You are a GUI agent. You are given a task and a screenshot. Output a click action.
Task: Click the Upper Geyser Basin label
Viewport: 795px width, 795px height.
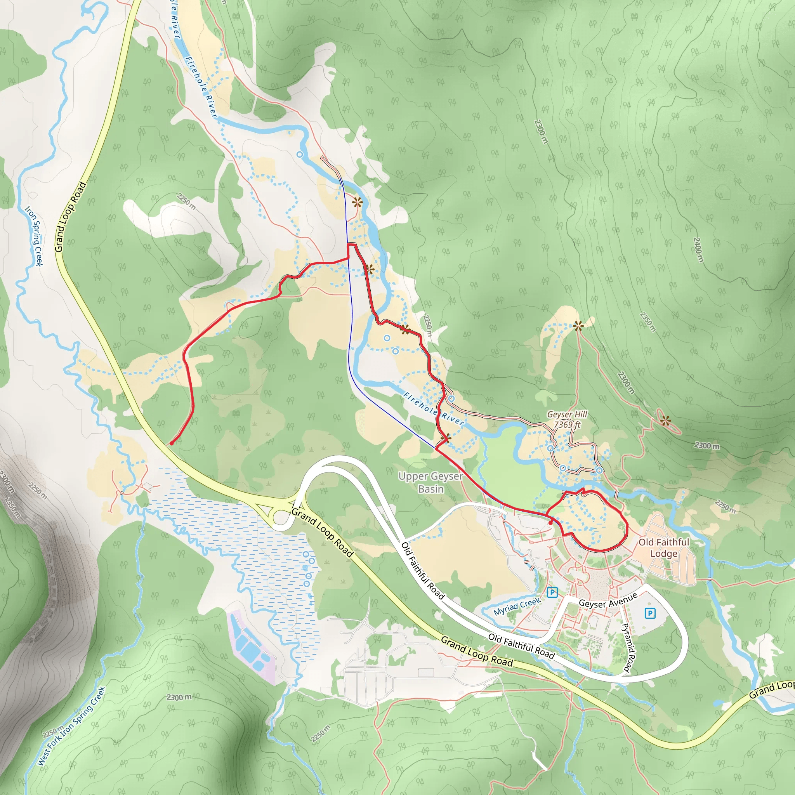(x=430, y=482)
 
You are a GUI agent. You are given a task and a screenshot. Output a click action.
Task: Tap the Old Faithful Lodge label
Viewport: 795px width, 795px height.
(x=664, y=548)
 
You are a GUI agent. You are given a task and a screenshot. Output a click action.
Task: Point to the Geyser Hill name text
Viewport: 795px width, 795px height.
(x=567, y=414)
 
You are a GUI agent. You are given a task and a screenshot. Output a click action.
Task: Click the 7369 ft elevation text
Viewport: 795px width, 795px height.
(x=567, y=424)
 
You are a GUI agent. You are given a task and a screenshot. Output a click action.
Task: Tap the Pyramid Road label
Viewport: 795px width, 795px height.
(x=628, y=647)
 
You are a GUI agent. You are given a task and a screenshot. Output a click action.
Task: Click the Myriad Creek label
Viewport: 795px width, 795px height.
(x=517, y=606)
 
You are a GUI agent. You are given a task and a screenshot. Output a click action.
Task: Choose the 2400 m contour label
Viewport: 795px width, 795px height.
(x=698, y=249)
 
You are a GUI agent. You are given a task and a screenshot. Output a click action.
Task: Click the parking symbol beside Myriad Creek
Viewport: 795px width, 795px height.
(x=552, y=592)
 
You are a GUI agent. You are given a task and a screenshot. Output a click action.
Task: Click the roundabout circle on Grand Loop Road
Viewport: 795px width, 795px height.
(x=281, y=517)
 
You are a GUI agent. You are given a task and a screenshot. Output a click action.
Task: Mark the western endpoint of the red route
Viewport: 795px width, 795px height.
(x=171, y=443)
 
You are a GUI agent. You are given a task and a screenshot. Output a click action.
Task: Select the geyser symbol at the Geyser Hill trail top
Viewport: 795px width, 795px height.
(x=578, y=326)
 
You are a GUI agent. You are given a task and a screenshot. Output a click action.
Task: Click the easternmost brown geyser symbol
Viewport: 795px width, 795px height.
(x=665, y=420)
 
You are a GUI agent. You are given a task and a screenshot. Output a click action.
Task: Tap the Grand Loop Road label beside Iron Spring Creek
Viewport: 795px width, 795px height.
(x=70, y=217)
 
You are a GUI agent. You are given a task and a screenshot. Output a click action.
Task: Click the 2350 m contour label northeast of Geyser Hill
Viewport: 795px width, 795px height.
(x=648, y=322)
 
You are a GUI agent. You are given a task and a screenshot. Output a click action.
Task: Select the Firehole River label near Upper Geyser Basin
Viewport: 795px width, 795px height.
(x=433, y=409)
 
